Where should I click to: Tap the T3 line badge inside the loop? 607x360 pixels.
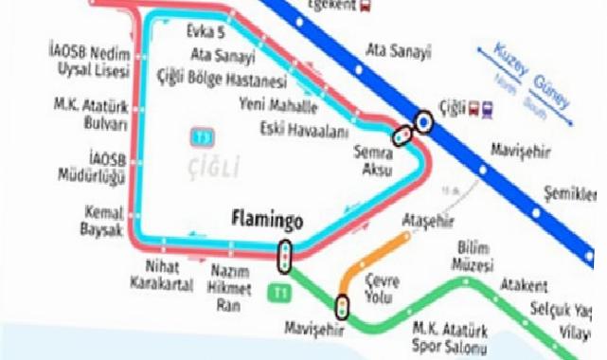click(x=201, y=138)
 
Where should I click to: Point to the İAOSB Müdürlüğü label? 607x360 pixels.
click(x=99, y=167)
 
